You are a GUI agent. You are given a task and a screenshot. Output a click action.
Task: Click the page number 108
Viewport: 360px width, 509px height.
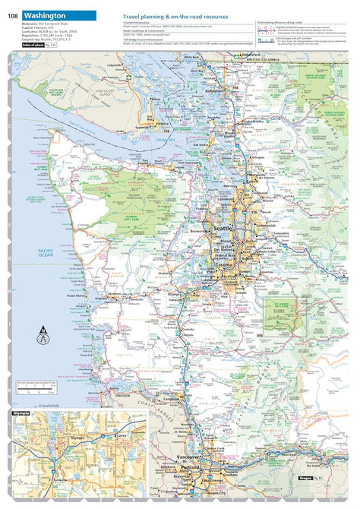(x=13, y=15)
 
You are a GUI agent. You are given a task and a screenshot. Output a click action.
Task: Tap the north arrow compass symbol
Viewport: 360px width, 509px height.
(x=43, y=332)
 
